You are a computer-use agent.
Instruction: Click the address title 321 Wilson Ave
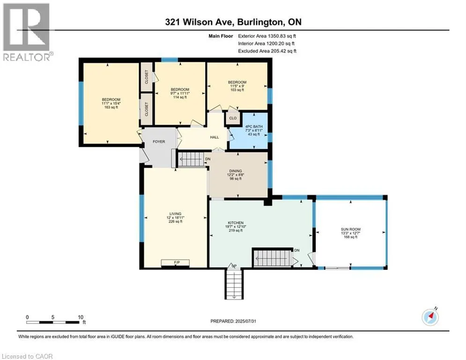click(200, 22)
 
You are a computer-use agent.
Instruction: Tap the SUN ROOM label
click(351, 229)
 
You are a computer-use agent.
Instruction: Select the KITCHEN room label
click(236, 223)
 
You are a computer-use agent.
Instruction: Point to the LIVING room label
click(175, 214)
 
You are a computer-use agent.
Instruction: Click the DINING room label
click(236, 171)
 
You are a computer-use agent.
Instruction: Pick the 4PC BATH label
click(254, 127)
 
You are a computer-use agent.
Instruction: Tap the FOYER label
click(159, 142)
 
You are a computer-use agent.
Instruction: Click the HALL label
click(215, 137)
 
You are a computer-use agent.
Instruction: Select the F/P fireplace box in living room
click(175, 262)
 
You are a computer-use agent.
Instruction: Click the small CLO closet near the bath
click(233, 118)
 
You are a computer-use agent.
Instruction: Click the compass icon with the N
click(430, 317)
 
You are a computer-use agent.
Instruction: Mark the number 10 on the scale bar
click(81, 317)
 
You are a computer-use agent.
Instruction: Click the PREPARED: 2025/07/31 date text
click(233, 321)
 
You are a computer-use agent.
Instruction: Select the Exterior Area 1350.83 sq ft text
click(267, 36)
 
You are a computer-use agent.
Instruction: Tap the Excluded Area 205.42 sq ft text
click(267, 51)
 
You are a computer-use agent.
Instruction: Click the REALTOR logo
click(27, 32)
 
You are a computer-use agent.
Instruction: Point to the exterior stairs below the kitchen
click(234, 284)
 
